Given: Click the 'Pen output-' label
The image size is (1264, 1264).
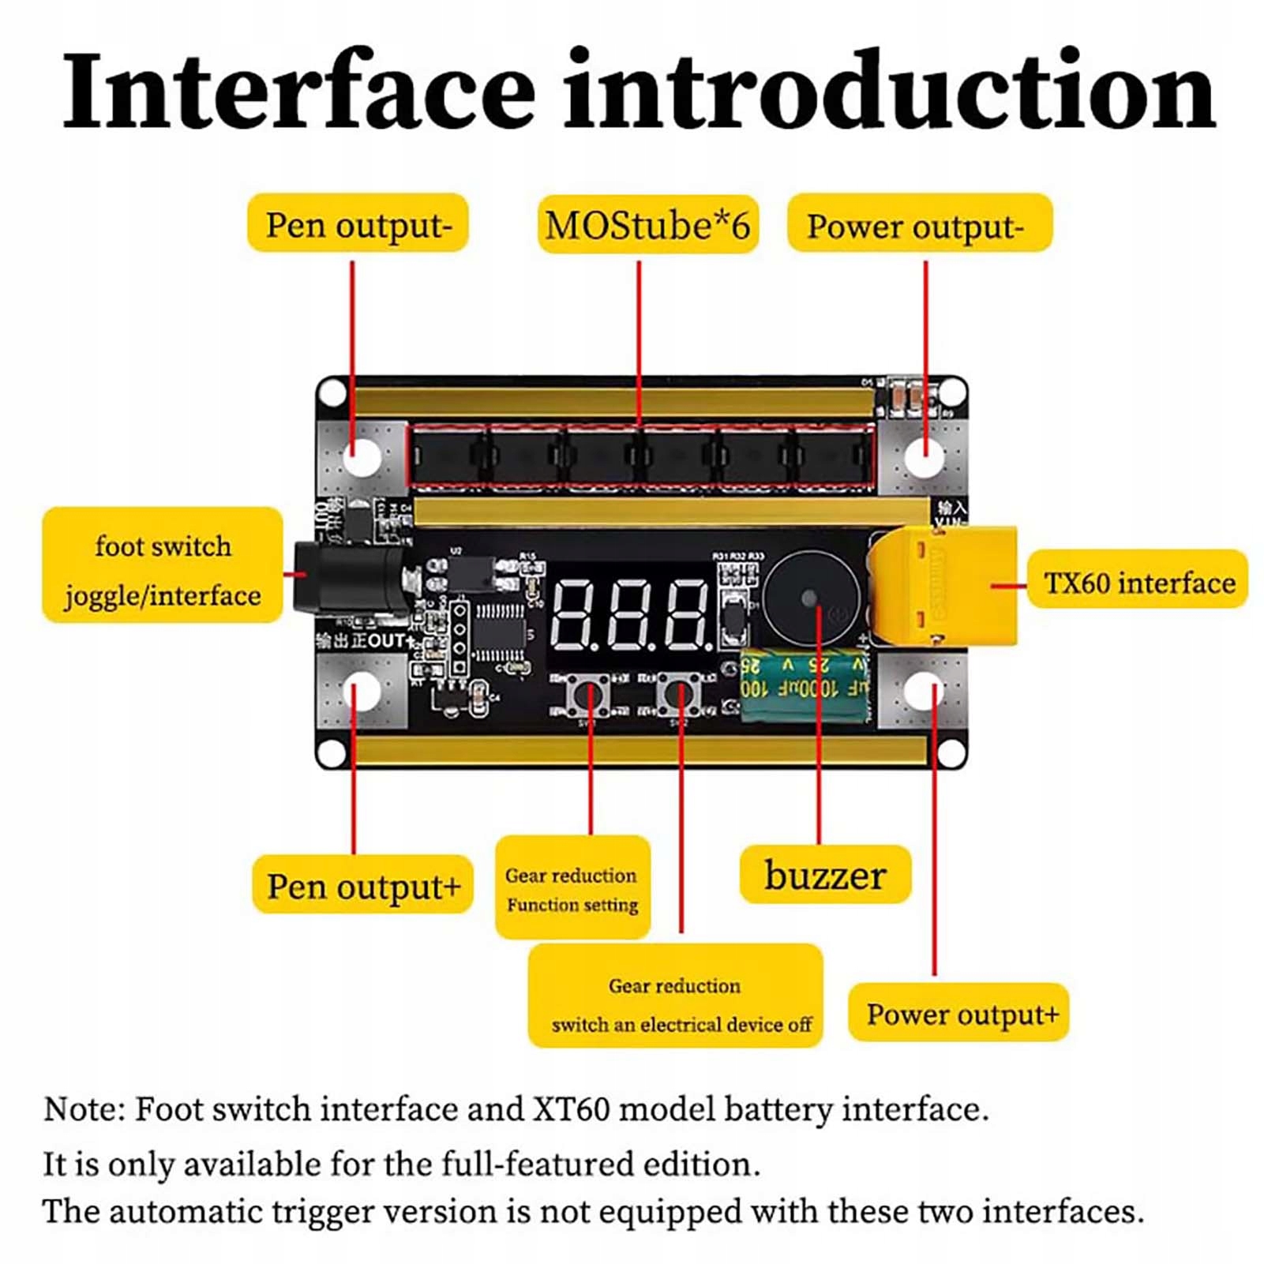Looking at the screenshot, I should [x=358, y=224].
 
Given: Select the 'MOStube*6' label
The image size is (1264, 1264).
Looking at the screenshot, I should [x=647, y=225].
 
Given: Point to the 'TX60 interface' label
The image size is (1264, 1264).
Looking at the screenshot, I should [x=1138, y=583].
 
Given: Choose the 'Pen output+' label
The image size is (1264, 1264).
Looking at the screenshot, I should [x=362, y=886].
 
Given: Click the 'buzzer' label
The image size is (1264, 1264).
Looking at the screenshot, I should [x=825, y=876].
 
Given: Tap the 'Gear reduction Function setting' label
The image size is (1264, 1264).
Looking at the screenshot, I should [x=572, y=889].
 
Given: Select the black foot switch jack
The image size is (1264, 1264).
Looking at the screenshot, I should [x=347, y=577].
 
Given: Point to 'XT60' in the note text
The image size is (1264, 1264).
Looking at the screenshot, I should [x=571, y=1109].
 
